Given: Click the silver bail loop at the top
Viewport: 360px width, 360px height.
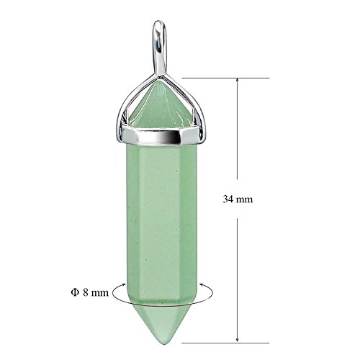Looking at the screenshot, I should (x=159, y=43).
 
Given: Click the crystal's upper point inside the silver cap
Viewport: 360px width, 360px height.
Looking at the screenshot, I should (x=160, y=104).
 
